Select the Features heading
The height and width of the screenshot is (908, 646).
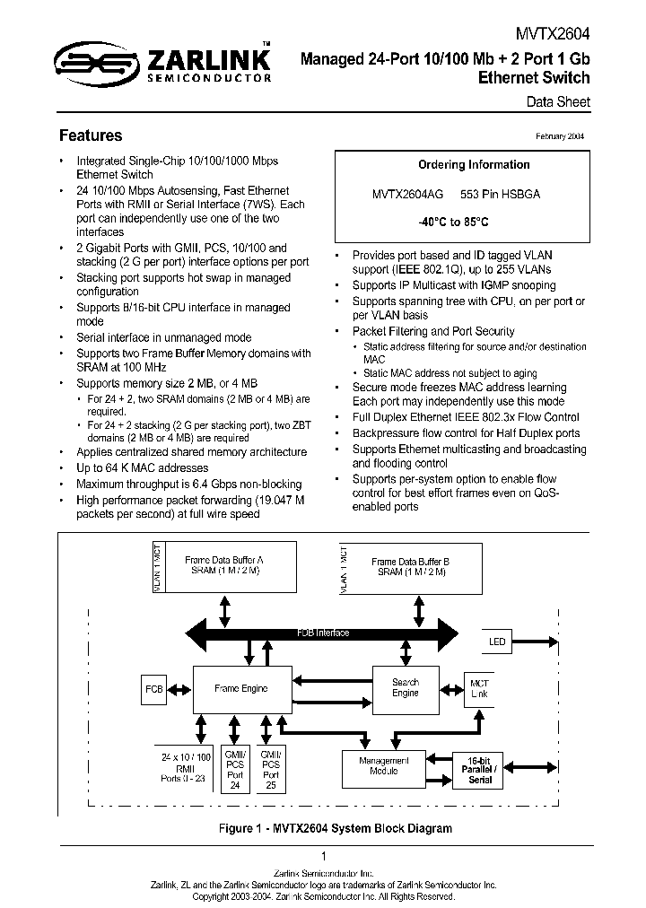click(90, 135)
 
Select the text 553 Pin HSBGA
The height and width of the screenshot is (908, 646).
click(500, 194)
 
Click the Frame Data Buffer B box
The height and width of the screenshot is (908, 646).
click(411, 566)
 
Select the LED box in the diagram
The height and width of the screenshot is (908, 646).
click(497, 642)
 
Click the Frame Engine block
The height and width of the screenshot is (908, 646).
click(240, 689)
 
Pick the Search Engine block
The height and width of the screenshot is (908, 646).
click(406, 688)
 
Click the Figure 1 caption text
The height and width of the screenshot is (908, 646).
click(323, 828)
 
